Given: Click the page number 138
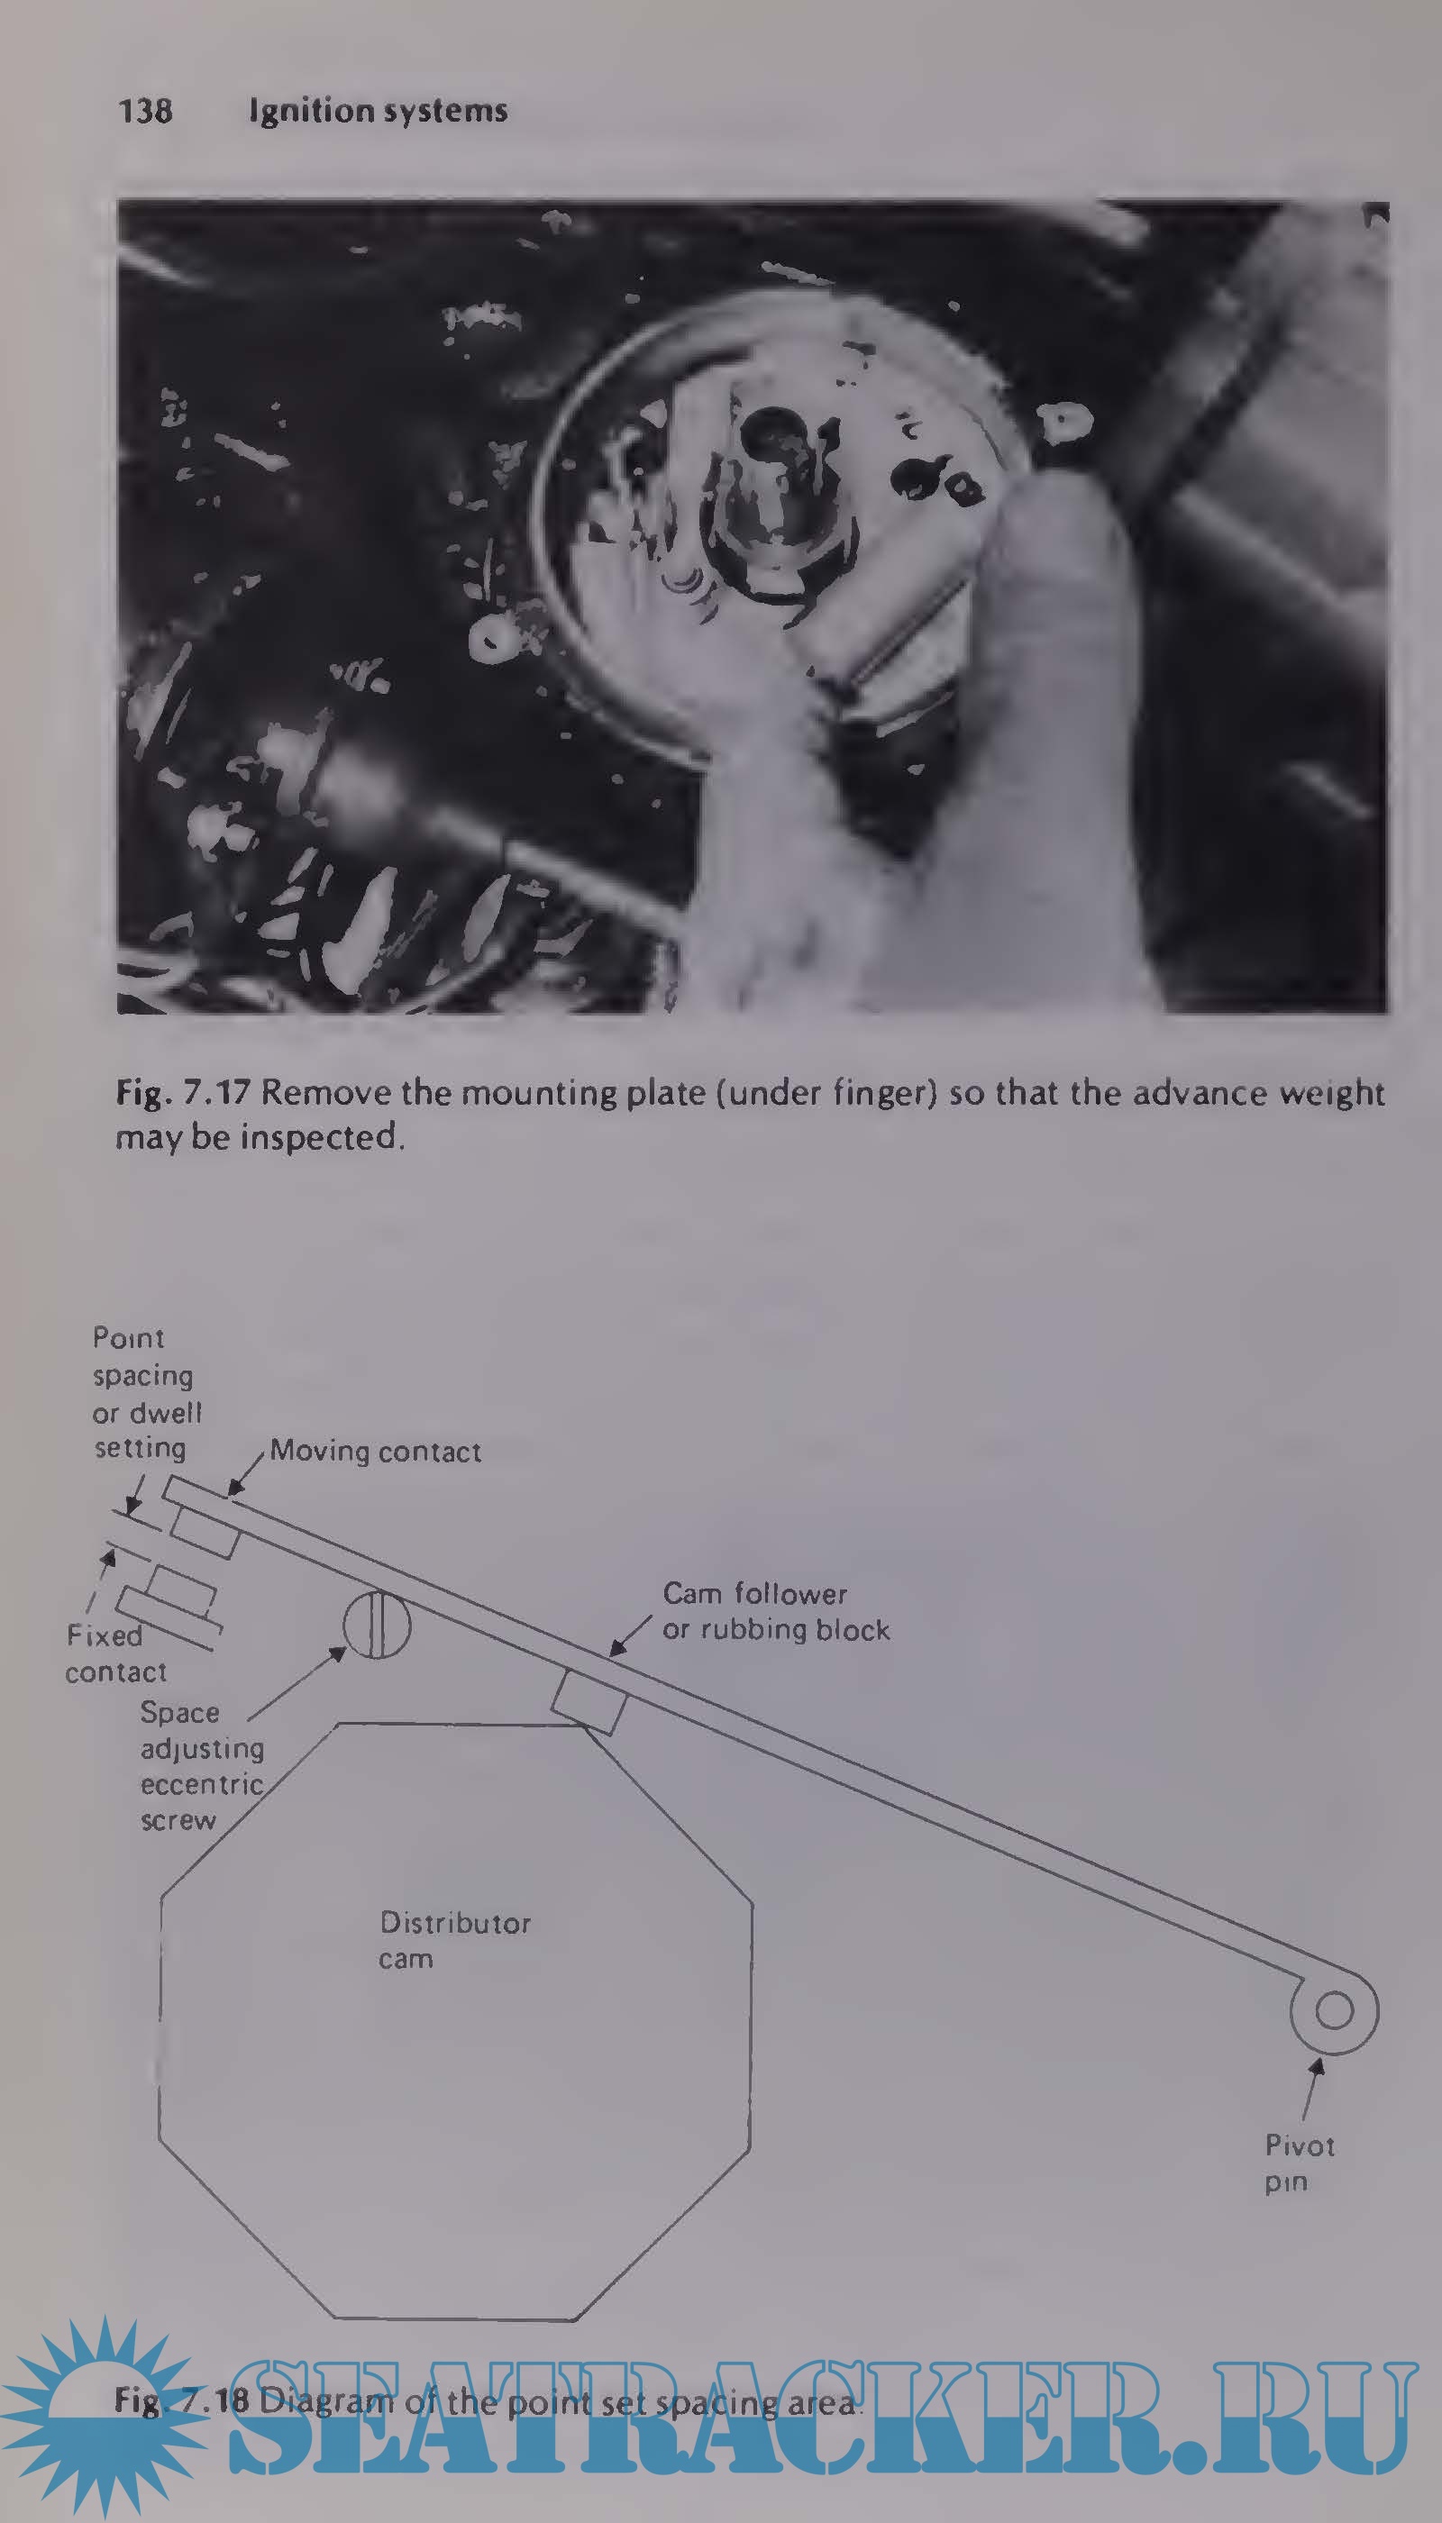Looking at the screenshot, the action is point(144,110).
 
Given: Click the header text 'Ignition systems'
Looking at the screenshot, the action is point(378,111).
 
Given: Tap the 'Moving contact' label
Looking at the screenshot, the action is point(375,1452).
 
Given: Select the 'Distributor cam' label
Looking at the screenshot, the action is point(454,1941).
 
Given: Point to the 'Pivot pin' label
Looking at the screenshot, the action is point(1300,2163).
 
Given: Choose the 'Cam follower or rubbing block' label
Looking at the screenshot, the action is point(775,1611).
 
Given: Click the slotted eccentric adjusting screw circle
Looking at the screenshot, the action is point(377,1624).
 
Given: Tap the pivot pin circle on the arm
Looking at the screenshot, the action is point(1334,2011).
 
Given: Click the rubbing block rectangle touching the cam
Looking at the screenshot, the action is point(589,1700).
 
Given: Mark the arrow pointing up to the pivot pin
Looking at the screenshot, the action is point(1312,2090).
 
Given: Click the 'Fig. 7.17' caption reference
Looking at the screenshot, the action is point(182,1094).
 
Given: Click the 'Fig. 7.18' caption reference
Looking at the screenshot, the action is point(181,2401).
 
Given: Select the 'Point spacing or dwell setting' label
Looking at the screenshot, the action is point(147,1393).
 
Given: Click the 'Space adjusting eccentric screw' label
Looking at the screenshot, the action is point(202,1766).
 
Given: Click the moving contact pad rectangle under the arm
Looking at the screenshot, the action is point(204,1531).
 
